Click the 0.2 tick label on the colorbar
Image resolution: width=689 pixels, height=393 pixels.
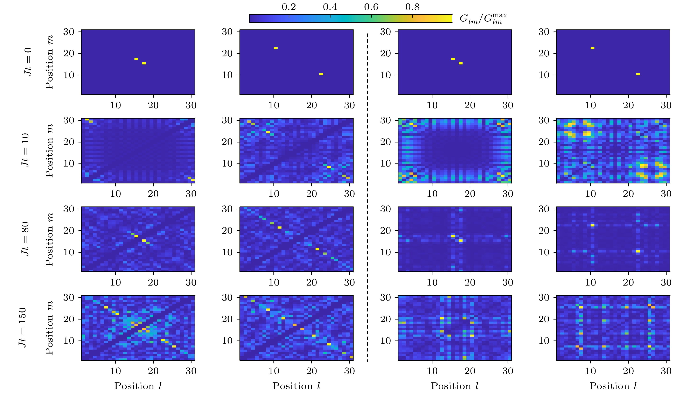(289, 7)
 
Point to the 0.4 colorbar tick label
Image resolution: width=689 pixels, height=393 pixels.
(330, 7)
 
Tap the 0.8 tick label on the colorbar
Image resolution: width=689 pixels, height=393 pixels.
(412, 7)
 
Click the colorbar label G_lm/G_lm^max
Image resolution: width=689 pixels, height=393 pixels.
(483, 19)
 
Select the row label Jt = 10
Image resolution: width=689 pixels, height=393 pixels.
(25, 150)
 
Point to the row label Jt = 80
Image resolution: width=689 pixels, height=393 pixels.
(25, 239)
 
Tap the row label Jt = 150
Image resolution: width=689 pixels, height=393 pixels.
(22, 327)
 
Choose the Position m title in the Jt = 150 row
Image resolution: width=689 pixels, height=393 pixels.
(49, 327)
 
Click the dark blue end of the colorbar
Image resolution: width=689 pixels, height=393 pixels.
(252, 19)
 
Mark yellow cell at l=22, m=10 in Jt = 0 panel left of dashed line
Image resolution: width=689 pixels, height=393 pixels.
(321, 74)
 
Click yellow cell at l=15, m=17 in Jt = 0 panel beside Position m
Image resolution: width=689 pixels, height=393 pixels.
(136, 59)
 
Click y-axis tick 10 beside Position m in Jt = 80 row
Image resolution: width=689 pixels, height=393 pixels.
(69, 252)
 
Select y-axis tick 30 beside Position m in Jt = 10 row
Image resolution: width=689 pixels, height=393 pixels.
(69, 120)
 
